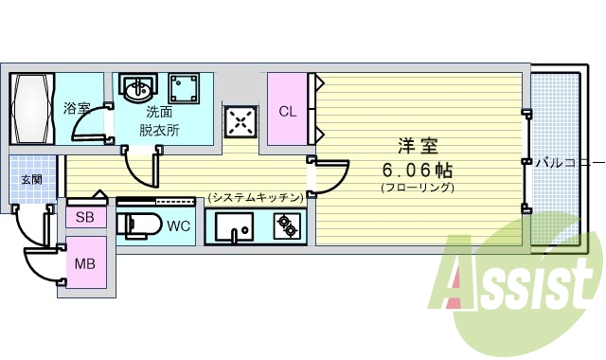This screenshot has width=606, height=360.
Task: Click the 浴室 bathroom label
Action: (x=78, y=108)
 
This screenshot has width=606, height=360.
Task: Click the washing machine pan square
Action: (x=185, y=89)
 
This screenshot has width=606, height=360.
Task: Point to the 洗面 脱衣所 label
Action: (x=159, y=121)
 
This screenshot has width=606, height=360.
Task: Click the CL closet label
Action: (x=287, y=111)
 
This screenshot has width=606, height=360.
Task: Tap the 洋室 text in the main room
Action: (x=417, y=147)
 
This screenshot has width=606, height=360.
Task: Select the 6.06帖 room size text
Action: (x=417, y=170)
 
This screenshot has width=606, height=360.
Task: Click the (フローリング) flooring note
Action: (x=418, y=188)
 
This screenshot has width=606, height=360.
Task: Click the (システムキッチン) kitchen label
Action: (x=256, y=197)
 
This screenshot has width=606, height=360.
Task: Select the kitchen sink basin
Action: (x=233, y=227)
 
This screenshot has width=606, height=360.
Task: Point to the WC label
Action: (x=178, y=227)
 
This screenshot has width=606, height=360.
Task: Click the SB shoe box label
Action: (x=85, y=217)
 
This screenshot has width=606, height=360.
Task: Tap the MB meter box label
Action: (x=85, y=262)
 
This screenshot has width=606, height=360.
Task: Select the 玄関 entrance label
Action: (x=31, y=179)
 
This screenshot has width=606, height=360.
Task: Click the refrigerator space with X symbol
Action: (x=240, y=120)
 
